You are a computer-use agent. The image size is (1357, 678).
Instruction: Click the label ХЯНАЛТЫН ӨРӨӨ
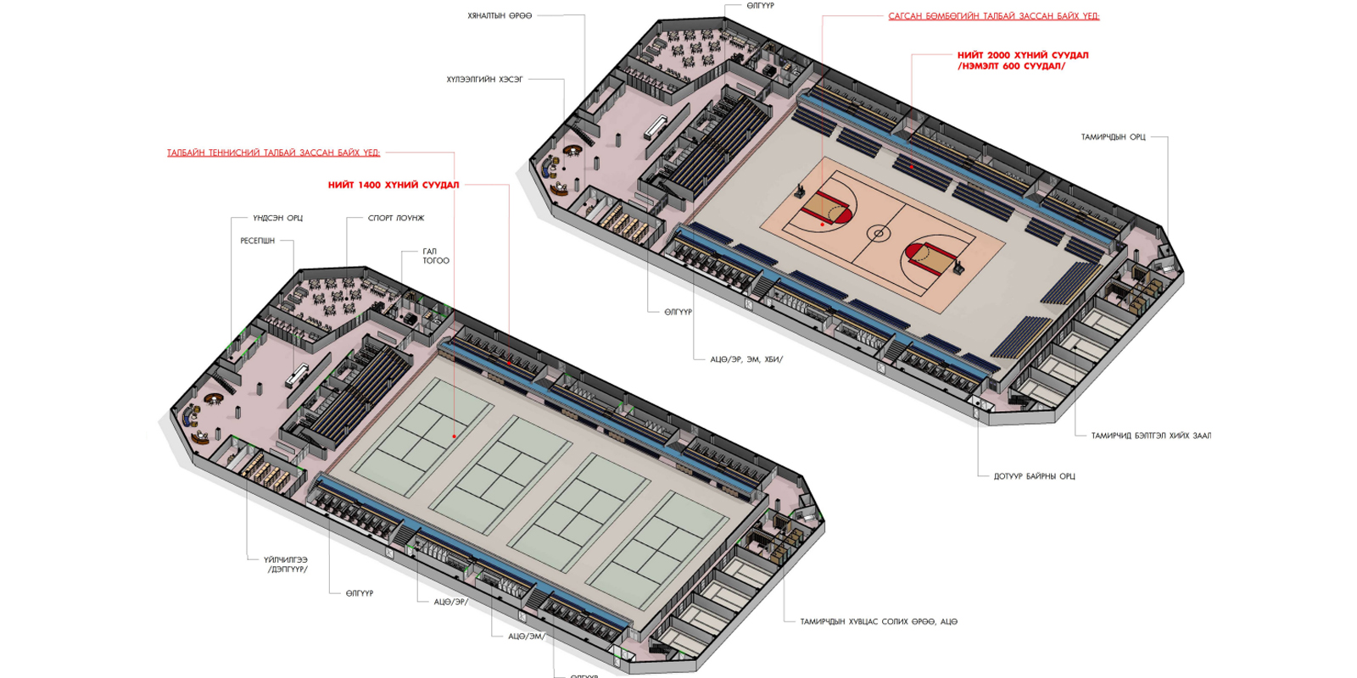(x=500, y=16)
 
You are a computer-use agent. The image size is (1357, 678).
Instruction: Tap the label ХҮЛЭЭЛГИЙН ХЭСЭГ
(x=484, y=80)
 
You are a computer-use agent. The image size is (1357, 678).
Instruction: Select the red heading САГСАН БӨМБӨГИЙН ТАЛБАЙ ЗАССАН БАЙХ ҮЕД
(x=993, y=16)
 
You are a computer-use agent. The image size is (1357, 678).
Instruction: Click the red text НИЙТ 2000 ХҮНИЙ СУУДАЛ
(x=1023, y=55)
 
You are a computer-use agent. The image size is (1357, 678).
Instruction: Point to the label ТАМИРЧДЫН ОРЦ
(x=1113, y=137)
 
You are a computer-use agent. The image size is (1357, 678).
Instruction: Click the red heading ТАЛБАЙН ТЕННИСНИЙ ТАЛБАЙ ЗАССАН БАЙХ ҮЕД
(x=273, y=153)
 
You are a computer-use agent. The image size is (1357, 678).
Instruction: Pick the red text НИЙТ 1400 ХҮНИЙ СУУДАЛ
(x=394, y=185)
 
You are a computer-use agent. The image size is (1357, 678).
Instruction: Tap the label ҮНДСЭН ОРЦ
(x=277, y=218)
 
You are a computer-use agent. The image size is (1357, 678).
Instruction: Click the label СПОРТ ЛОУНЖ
(x=396, y=218)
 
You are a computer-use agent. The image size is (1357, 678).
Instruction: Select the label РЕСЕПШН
(x=257, y=241)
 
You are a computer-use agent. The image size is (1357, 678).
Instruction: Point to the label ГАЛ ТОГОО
(x=436, y=256)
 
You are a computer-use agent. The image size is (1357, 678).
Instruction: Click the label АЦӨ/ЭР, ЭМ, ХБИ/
(x=746, y=359)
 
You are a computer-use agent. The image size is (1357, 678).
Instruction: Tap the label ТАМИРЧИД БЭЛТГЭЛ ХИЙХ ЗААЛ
(x=1151, y=436)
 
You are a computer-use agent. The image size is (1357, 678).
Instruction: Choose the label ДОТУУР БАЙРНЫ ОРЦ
(x=1034, y=476)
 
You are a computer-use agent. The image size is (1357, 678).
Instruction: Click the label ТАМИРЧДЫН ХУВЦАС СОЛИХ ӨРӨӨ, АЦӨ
(x=878, y=622)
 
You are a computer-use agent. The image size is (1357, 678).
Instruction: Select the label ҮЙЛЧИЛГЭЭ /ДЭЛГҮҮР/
(x=286, y=564)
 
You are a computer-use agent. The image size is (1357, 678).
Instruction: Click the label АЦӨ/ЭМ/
(x=527, y=636)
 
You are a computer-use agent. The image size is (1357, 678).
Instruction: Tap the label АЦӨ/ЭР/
(x=450, y=602)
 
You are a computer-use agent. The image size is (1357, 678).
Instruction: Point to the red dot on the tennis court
(x=455, y=436)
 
